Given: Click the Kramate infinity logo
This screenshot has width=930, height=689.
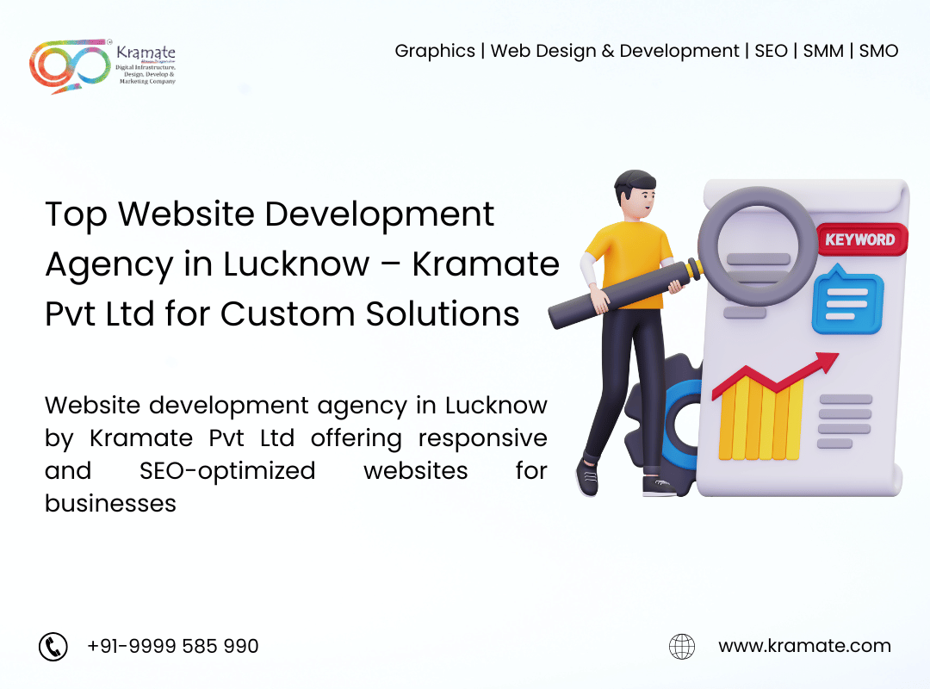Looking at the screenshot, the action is point(70,65).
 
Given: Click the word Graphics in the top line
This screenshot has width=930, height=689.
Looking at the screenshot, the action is point(435,51).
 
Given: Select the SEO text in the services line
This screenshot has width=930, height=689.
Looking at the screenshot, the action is point(771,51).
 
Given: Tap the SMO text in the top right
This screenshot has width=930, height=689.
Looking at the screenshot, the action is point(878,51).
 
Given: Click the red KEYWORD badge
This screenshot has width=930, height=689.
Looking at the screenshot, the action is point(862,239).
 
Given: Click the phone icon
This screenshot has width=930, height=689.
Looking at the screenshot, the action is point(53,646).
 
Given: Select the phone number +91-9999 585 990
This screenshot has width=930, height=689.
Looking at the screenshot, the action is point(172,646).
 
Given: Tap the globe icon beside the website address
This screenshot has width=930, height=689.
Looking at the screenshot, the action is point(682,646).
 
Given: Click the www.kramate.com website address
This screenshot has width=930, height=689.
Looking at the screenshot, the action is point(805,646).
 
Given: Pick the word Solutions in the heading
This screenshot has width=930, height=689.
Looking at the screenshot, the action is point(443,313).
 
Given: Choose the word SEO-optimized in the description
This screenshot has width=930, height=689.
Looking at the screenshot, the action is point(227,471).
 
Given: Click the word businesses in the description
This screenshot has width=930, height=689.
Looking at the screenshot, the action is point(110,503).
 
